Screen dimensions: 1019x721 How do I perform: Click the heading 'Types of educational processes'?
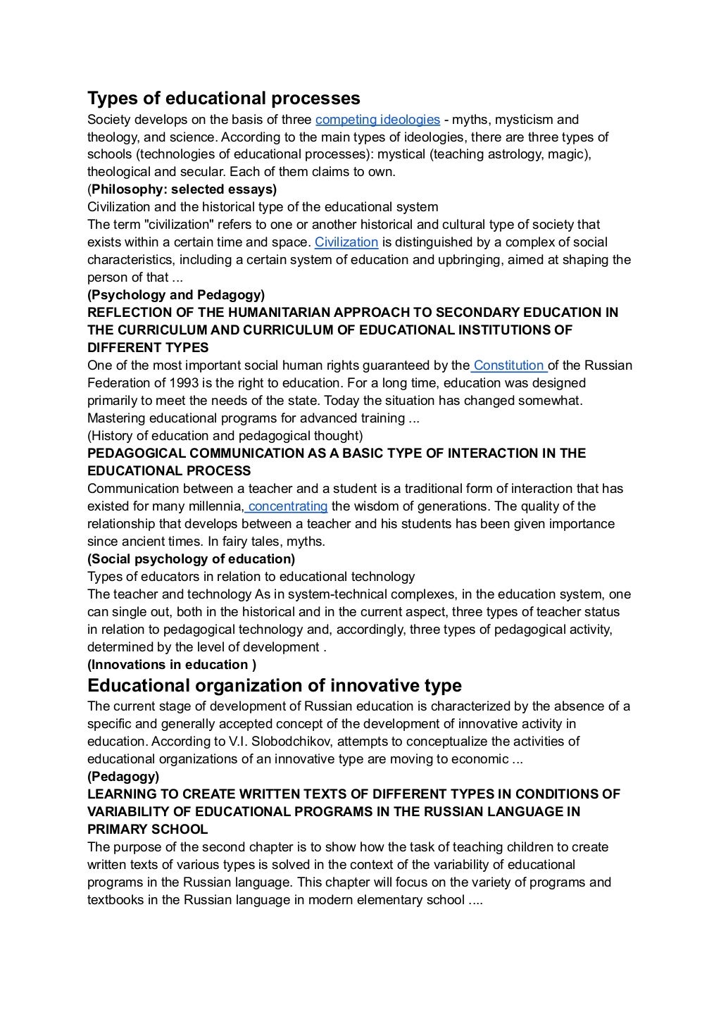223,98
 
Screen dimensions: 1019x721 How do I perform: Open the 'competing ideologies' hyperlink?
377,120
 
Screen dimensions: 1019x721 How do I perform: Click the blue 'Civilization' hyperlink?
346,242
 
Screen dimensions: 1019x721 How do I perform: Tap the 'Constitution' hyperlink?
508,365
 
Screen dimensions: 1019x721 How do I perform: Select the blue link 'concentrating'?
287,506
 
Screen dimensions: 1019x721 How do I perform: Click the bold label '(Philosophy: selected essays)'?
182,189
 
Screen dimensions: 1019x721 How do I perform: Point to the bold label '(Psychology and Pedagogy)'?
176,295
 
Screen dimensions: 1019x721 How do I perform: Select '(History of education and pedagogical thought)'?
225,436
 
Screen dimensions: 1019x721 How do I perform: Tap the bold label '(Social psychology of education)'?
191,559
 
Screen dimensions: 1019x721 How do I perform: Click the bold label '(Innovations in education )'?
172,665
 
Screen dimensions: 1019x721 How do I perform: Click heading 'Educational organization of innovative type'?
274,685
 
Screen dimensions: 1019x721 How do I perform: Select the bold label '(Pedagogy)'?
123,777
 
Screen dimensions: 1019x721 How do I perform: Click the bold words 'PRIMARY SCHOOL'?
147,830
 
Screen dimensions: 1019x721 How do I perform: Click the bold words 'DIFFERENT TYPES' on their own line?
148,348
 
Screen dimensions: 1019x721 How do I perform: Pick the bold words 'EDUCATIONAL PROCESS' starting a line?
169,471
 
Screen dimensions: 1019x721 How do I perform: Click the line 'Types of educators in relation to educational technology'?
251,577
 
